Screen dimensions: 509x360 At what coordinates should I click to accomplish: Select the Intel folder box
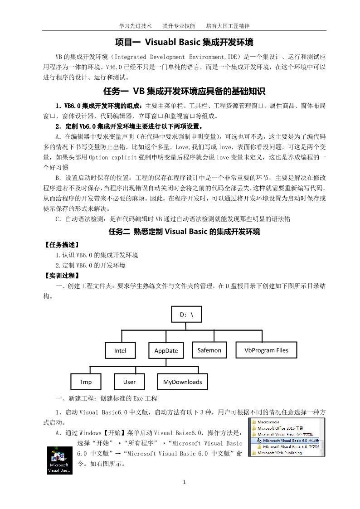[120, 350]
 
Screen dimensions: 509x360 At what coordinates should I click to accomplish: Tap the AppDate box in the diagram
[166, 350]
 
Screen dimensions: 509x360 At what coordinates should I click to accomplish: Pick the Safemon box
[209, 350]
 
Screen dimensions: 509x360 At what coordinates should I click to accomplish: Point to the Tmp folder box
[86, 382]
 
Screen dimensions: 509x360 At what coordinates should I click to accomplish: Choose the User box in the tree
[129, 382]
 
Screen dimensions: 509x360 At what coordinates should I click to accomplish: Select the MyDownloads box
[182, 382]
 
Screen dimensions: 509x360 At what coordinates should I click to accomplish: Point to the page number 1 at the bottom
[184, 482]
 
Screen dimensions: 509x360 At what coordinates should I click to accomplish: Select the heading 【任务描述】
[62, 245]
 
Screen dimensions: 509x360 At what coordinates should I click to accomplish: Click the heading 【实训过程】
[62, 276]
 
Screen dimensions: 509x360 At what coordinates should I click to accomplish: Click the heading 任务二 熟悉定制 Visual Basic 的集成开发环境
[184, 232]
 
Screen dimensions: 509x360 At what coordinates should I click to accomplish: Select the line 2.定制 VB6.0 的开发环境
[90, 265]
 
